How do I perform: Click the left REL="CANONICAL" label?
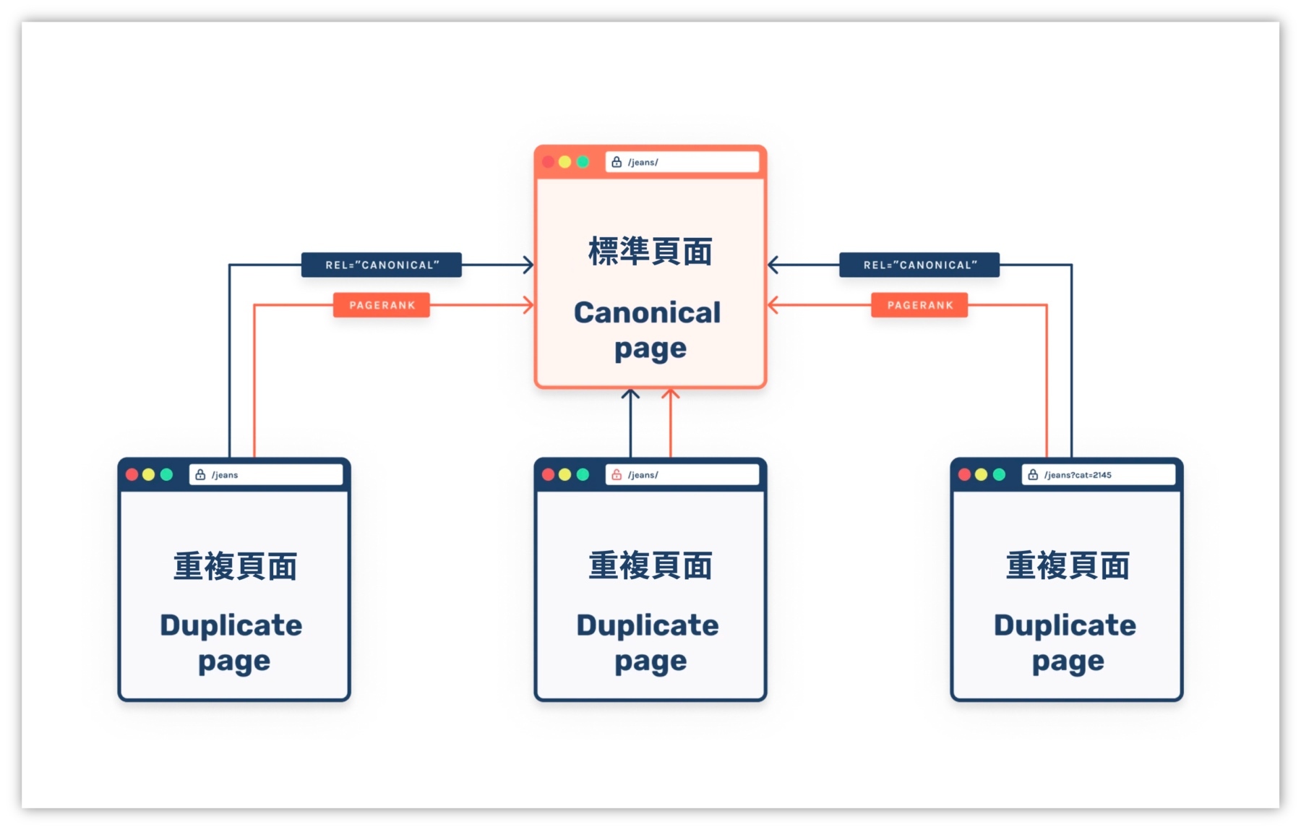pos(382,265)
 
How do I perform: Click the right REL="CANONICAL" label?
pos(919,265)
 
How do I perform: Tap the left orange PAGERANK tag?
pos(382,305)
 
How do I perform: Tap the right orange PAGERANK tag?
pos(919,305)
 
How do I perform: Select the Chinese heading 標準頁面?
pos(650,252)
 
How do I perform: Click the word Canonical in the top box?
pos(647,312)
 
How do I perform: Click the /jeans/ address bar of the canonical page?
pos(682,162)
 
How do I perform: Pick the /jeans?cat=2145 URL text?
pos(1078,475)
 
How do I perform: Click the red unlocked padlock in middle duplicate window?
pos(617,475)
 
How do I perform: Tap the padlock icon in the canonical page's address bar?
pos(617,162)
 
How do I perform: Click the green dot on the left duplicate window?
pos(167,474)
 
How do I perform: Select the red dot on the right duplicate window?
pos(964,474)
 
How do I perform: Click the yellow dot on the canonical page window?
pos(565,162)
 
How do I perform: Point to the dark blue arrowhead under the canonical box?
pos(630,395)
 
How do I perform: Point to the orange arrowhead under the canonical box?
pos(671,395)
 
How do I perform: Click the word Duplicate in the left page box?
pos(231,625)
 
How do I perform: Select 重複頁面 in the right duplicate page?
pos(1068,565)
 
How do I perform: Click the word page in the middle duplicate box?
pos(650,662)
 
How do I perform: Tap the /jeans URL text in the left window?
pos(225,475)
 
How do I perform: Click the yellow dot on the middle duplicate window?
pos(565,474)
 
